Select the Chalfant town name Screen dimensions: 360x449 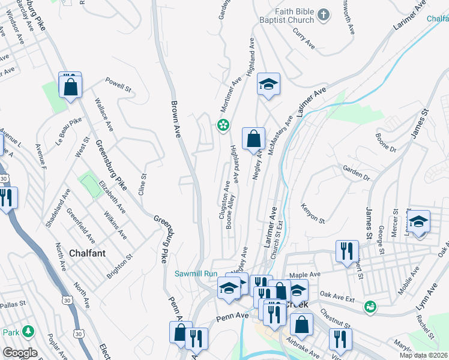(x=87, y=253)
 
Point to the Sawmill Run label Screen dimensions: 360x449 (x=195, y=274)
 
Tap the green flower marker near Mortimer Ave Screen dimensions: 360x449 (x=223, y=125)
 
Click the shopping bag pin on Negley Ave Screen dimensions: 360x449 (x=253, y=139)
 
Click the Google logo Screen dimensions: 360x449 (x=20, y=353)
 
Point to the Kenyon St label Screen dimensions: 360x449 (x=313, y=212)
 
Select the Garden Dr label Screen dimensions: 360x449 (x=356, y=173)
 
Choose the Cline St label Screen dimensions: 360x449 (x=142, y=184)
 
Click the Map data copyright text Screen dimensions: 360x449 (x=424, y=355)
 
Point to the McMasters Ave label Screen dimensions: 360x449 (x=280, y=137)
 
